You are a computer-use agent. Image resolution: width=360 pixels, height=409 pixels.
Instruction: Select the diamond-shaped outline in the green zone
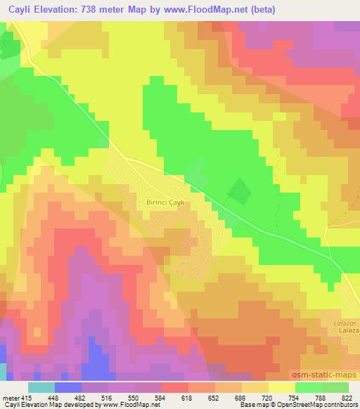(x=240, y=188)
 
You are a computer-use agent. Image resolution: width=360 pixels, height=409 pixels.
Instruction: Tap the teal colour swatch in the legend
(x=41, y=387)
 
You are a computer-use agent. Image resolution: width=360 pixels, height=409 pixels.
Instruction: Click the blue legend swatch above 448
(x=68, y=387)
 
